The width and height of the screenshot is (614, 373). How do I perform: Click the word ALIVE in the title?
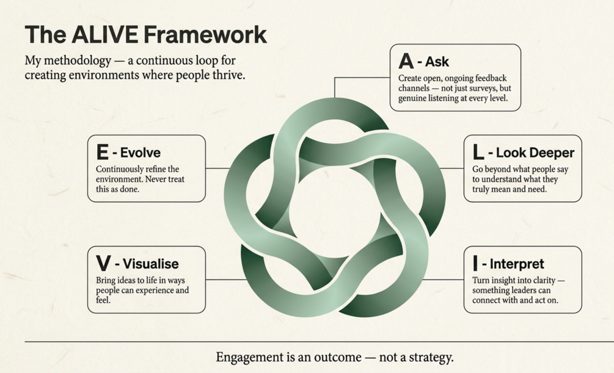click(104, 34)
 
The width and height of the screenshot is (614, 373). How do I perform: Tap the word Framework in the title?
click(205, 34)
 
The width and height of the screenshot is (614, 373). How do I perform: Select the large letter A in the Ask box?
click(406, 61)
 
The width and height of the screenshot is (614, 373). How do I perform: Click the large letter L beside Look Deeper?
click(478, 152)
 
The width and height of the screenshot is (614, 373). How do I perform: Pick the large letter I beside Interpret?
click(475, 263)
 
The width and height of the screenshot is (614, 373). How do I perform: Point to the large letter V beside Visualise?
click(103, 263)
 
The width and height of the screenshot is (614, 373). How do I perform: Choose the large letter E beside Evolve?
click(102, 152)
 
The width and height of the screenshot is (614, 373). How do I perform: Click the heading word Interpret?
click(517, 264)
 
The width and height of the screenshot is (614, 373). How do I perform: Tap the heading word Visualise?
click(151, 264)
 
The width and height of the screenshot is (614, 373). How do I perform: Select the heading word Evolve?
click(140, 153)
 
